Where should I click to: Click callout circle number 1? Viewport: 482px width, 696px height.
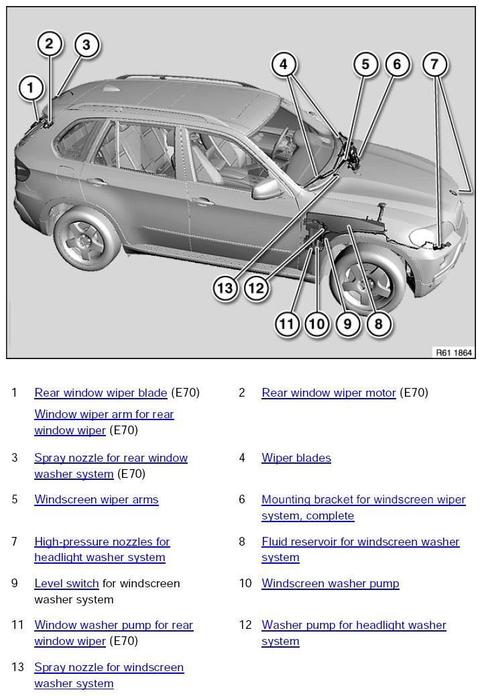[31, 87]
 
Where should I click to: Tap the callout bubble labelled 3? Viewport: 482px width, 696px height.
[86, 44]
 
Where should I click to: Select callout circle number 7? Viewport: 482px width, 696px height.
[434, 64]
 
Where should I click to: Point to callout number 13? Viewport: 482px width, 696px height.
[225, 288]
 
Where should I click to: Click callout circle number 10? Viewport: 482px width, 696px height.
[317, 324]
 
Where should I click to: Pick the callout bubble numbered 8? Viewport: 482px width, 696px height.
[378, 324]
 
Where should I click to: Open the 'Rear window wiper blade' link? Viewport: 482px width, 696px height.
[101, 393]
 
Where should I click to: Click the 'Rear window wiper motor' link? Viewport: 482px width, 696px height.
[328, 393]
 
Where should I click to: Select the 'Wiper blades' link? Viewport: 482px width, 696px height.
[296, 458]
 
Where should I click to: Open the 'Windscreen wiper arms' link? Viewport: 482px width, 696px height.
[97, 499]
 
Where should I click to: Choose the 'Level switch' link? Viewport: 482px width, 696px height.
[66, 583]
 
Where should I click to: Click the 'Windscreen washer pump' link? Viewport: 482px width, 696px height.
[330, 583]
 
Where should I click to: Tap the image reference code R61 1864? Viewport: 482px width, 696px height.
[454, 352]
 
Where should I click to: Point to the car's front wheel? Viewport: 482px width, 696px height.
[367, 277]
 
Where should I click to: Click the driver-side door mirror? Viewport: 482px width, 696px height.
[267, 188]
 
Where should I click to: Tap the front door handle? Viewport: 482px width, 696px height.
[202, 202]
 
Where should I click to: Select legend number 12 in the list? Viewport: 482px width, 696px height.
[245, 625]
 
